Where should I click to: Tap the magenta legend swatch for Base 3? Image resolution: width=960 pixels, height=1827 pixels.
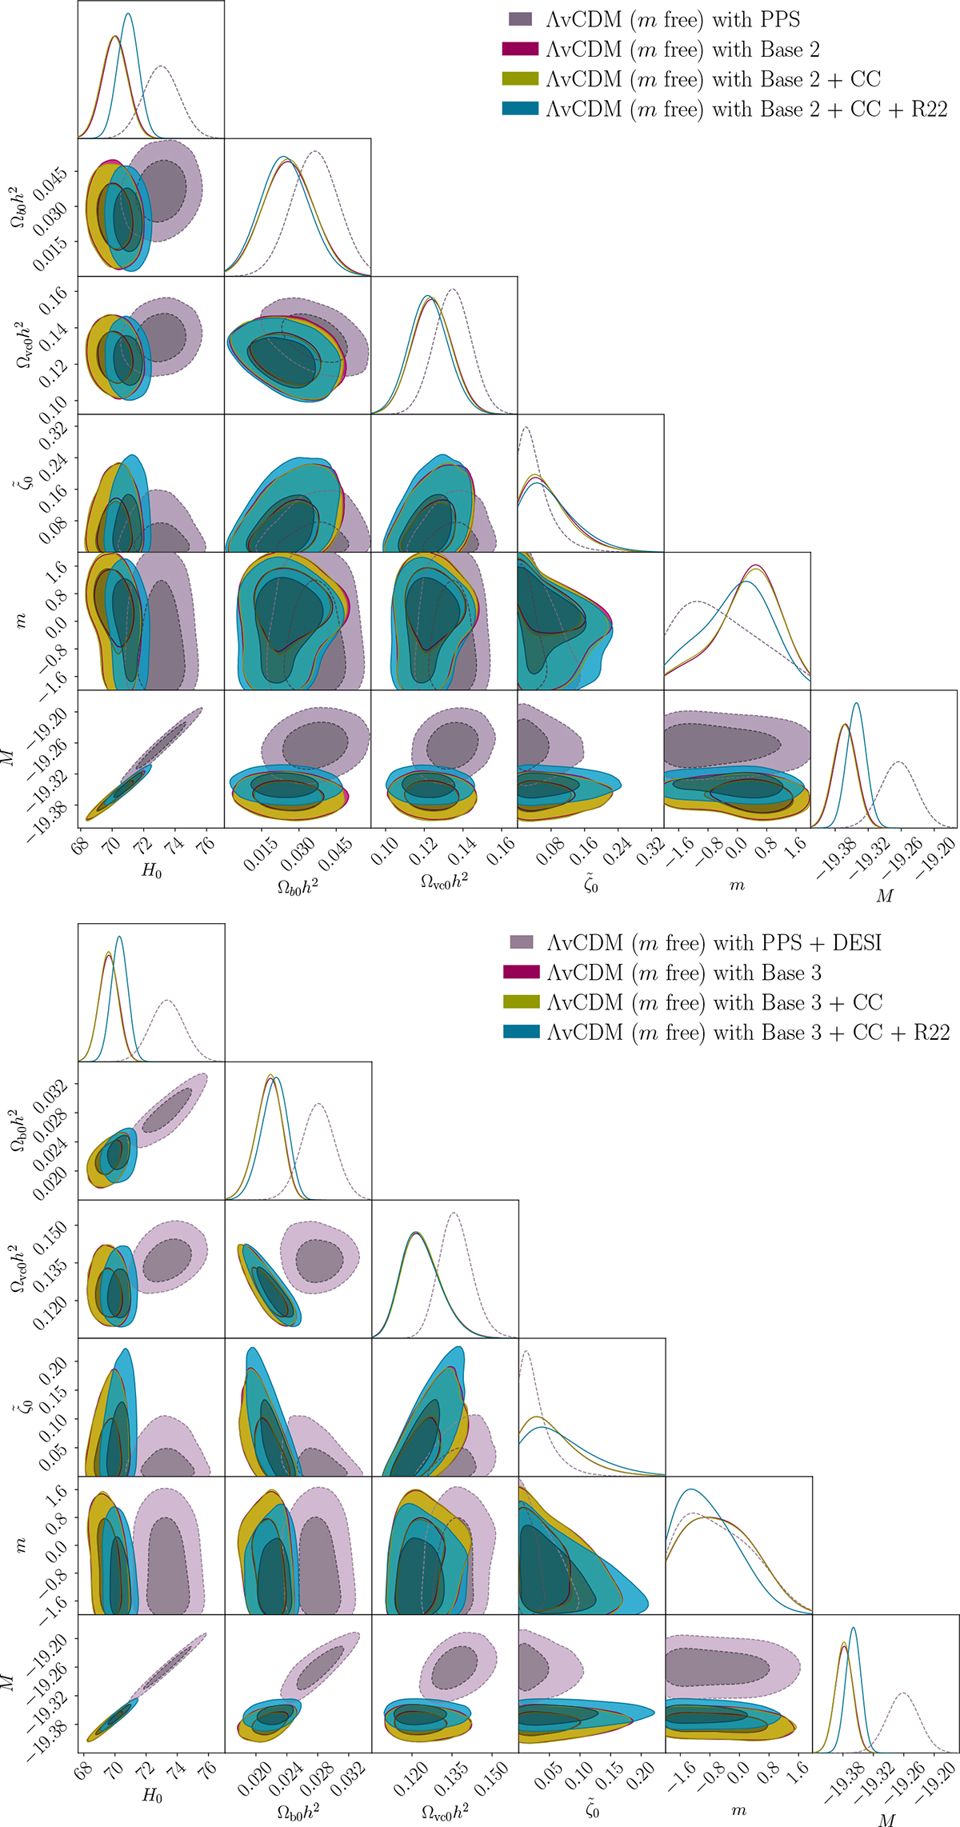point(521,973)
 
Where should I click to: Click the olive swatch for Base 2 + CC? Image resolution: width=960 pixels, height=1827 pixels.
point(520,78)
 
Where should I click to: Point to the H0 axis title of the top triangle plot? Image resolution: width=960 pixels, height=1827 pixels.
point(152,871)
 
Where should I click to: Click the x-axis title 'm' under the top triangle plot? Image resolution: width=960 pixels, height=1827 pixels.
point(737,885)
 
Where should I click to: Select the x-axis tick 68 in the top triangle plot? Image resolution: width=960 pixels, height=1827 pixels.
point(81,846)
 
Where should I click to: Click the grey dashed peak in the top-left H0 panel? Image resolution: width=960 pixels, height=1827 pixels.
point(162,66)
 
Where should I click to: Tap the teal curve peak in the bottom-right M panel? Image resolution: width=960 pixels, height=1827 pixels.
point(854,1628)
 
